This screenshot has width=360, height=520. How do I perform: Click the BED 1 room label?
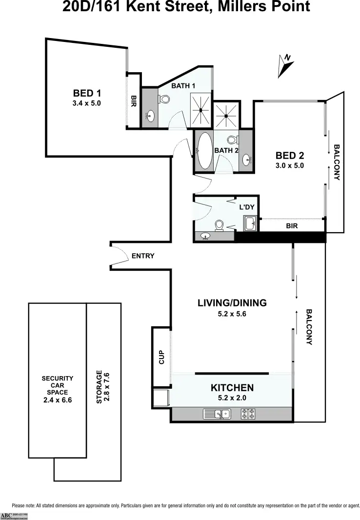[87, 93]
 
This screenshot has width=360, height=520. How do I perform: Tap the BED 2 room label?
[290, 156]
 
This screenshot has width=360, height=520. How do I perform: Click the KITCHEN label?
[232, 388]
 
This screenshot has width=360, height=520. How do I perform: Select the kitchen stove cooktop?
[248, 415]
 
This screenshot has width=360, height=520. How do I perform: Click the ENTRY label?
[143, 256]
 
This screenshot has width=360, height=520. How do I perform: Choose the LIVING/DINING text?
[232, 303]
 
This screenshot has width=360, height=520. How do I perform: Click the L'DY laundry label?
[247, 206]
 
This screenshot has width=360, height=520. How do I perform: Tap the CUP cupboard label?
[162, 358]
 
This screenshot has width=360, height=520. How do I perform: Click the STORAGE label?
[100, 387]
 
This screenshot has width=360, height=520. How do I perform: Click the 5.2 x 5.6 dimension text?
[232, 314]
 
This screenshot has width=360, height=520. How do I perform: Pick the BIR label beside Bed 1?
[133, 101]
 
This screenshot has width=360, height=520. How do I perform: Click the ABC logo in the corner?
[6, 516]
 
